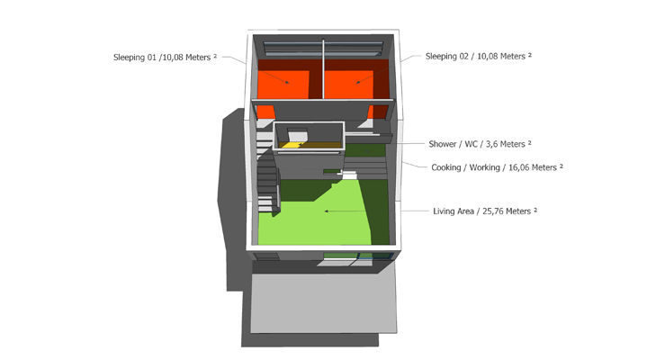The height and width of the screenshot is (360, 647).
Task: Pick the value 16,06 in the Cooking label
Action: [x=519, y=167]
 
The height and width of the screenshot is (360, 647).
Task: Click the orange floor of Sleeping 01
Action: [x=283, y=85]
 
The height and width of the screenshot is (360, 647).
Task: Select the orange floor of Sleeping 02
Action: [x=348, y=85]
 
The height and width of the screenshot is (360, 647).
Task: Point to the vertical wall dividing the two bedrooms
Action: [x=324, y=69]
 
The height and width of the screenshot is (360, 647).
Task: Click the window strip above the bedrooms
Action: [x=323, y=49]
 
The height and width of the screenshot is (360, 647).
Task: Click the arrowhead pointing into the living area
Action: [x=327, y=211]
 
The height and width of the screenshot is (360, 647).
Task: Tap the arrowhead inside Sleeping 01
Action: [x=287, y=83]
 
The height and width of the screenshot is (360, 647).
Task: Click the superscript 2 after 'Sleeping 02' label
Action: [x=530, y=55]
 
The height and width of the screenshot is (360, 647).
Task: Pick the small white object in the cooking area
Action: [x=348, y=175]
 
